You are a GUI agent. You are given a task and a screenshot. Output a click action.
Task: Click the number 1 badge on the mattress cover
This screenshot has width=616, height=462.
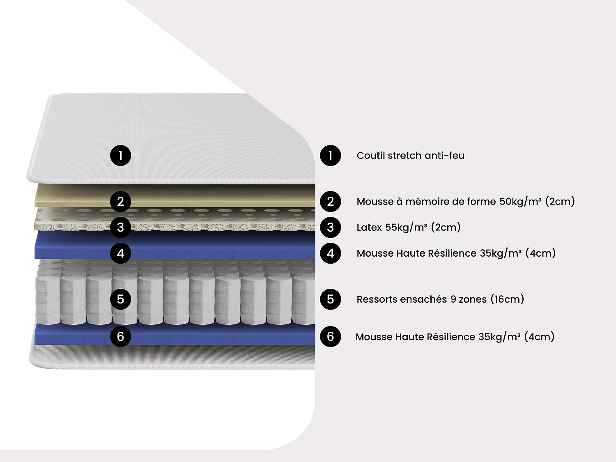120,156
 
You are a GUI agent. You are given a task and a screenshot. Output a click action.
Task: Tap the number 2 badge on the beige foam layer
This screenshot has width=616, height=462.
120,202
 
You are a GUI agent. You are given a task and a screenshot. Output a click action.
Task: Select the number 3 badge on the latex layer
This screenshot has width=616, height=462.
120,228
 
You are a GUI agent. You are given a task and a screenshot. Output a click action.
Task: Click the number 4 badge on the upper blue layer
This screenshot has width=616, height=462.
120,253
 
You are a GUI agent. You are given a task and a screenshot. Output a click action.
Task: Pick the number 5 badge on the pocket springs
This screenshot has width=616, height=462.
120,299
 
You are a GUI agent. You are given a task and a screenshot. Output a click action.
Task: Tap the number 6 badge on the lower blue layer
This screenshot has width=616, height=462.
120,337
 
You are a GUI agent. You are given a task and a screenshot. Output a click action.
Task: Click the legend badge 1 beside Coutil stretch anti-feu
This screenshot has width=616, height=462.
331,156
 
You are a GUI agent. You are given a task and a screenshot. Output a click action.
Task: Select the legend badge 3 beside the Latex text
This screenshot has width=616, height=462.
331,228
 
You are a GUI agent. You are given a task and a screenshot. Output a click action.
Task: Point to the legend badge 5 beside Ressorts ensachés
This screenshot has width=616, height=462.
331,299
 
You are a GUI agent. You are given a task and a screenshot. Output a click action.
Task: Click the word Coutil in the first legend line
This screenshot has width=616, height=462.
370,156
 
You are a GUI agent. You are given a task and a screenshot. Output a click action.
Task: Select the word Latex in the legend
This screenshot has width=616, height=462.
369,228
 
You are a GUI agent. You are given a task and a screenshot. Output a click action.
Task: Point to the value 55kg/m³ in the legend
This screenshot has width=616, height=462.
406,228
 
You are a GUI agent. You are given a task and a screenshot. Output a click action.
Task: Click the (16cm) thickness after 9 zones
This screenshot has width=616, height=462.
507,299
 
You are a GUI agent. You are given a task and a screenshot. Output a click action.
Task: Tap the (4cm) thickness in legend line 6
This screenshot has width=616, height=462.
539,337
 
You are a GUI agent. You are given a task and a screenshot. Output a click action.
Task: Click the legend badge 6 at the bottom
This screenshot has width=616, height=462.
331,337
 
